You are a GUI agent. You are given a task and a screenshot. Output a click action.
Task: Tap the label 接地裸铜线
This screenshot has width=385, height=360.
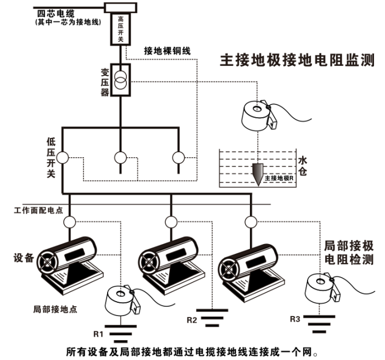[x=167, y=51]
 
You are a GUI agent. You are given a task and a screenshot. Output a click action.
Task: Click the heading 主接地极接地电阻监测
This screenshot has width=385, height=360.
[x=297, y=60]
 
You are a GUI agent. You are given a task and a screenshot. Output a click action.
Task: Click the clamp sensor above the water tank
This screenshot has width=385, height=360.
[x=256, y=114]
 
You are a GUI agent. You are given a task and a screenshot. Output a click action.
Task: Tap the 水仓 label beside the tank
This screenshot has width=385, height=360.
[x=304, y=167]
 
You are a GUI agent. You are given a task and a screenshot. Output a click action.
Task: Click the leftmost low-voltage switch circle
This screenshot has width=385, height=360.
[x=63, y=157]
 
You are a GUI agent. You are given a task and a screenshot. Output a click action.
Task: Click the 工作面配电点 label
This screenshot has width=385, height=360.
[x=38, y=210]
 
